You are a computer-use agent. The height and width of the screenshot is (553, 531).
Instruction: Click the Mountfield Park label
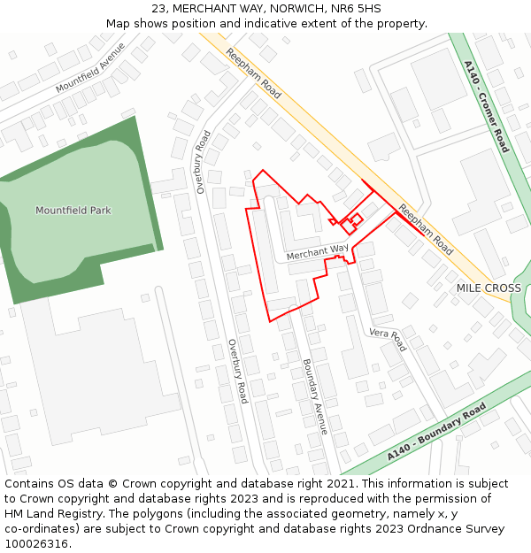73,211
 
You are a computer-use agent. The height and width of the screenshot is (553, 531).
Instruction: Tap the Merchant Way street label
318,252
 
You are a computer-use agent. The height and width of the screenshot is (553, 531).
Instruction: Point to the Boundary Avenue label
315,396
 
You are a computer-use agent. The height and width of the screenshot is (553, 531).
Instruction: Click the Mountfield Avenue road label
90,67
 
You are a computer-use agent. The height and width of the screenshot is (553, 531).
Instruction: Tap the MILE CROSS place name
489,288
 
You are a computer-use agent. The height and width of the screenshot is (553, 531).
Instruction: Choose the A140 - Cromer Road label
487,106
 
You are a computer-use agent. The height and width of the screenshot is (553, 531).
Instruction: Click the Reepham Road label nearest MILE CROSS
426,230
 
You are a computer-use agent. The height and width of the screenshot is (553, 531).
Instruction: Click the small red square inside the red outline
356,219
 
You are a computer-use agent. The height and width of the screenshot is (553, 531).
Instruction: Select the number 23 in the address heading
158,9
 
